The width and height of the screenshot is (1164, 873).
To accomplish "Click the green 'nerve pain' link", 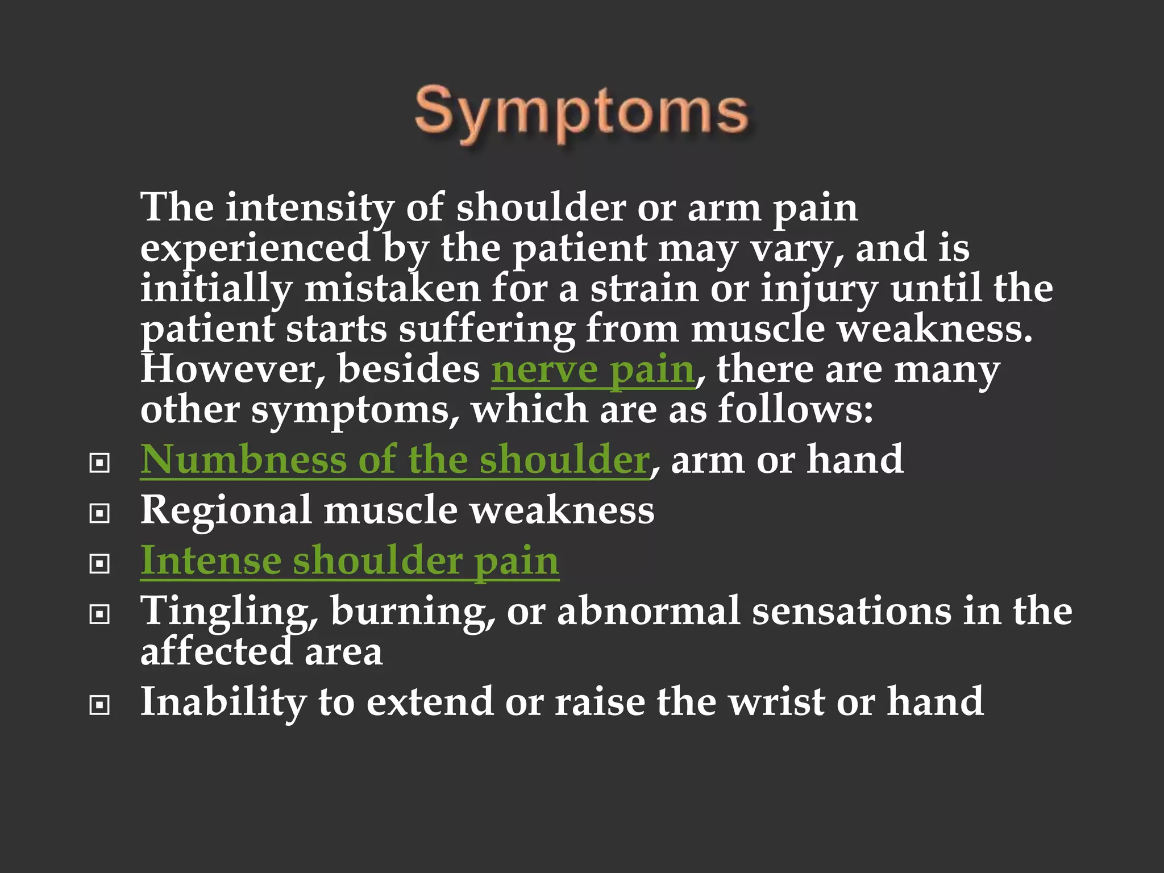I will [x=592, y=371].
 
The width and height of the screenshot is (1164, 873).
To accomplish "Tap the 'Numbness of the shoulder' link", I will [x=394, y=460].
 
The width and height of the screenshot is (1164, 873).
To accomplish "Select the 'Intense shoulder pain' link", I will [x=350, y=561].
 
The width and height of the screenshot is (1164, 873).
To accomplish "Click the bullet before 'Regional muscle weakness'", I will [x=99, y=514].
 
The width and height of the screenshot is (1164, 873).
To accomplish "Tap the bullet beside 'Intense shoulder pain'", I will [x=99, y=564].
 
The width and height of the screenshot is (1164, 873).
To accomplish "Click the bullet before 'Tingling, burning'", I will [x=99, y=614].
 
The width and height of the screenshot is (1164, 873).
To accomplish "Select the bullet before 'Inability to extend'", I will [x=99, y=705].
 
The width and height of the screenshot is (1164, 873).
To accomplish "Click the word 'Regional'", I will [x=226, y=510].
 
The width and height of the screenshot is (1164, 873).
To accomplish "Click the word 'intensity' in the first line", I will [x=309, y=208].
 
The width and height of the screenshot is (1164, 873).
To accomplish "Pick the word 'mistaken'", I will [x=392, y=289].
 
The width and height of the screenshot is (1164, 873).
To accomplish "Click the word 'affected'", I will [x=216, y=652].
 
